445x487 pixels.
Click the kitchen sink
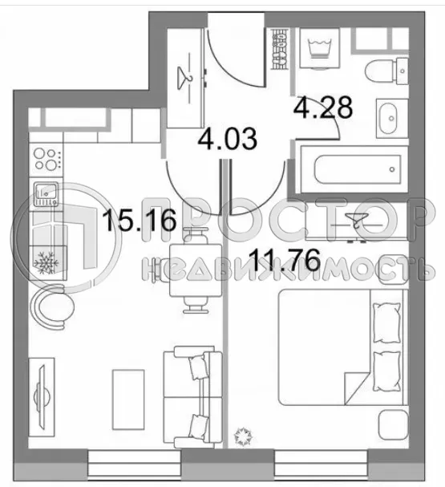coord(46,193)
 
